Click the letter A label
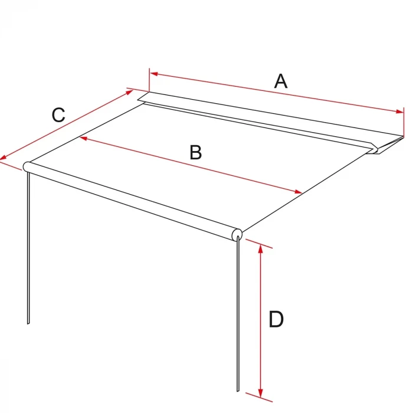click(281, 81)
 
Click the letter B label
click(196, 152)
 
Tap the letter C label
click(58, 115)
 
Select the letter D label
click(276, 319)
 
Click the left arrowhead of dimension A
click(153, 74)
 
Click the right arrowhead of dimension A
click(399, 112)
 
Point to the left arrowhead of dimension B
click(84, 138)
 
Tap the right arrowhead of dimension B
click(298, 192)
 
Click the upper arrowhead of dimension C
click(130, 92)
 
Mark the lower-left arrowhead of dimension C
click(3, 158)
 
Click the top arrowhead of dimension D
click(260, 248)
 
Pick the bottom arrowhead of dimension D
click(260, 392)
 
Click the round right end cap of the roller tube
click(237, 234)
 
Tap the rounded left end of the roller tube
click(27, 167)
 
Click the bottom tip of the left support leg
click(28, 323)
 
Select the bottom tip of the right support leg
click(238, 391)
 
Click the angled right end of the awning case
click(387, 145)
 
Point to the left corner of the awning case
click(138, 100)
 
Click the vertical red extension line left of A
click(149, 80)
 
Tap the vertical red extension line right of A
click(404, 122)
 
